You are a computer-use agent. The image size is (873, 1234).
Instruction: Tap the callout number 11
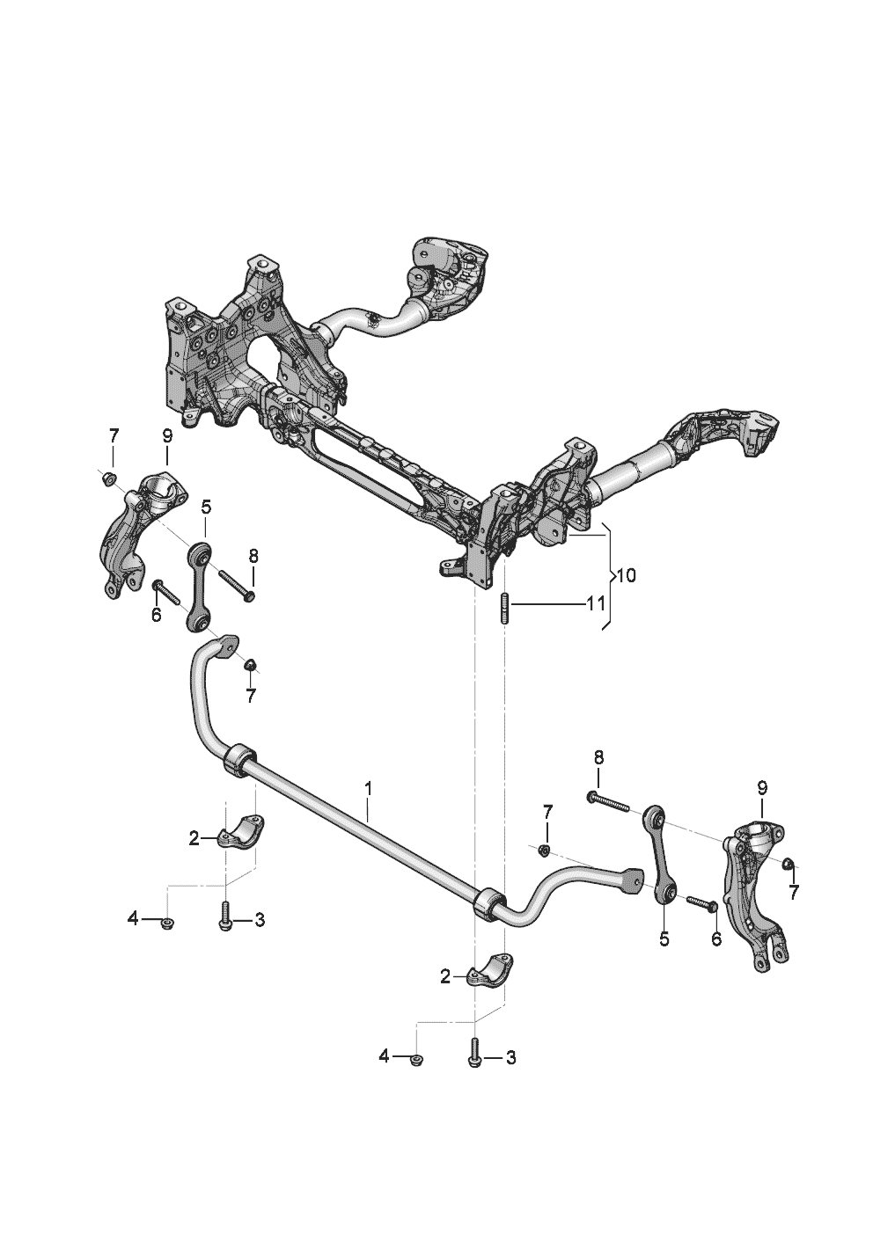[596, 604]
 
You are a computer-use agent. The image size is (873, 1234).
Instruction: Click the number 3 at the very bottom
[510, 1057]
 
